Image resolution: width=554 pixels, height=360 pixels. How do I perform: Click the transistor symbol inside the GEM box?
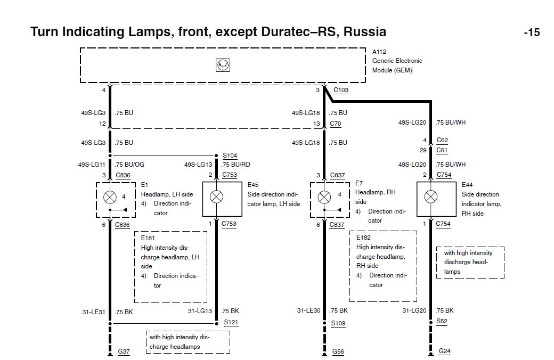pos(223,65)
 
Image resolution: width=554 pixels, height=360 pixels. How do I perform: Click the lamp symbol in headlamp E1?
pos(110,197)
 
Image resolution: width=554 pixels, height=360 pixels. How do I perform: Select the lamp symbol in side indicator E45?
pos(216,197)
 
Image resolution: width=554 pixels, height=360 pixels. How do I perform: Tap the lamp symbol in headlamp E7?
pos(324,197)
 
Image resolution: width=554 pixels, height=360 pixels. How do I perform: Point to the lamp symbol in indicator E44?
pos(430,197)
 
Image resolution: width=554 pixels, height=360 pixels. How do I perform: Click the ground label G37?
pos(124,351)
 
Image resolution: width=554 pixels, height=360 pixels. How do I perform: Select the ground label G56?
pos(338,351)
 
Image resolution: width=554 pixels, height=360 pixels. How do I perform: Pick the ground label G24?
pos(444,351)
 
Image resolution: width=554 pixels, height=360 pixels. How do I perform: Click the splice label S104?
pos(230,156)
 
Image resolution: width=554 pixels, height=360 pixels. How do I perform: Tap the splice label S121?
pos(231,322)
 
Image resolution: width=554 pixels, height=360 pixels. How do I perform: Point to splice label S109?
pos(338,323)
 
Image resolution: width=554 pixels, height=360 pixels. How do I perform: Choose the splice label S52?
pos(442,321)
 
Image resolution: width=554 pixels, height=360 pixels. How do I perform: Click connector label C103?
pos(341,90)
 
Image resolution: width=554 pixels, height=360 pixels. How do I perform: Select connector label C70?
pos(336,124)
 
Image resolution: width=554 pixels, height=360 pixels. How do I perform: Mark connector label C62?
pos(442,141)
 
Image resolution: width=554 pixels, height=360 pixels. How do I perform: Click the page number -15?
pos(531,32)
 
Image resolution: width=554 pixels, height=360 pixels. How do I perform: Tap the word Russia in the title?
pos(365,31)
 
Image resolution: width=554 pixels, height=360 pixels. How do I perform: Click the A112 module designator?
pos(379,52)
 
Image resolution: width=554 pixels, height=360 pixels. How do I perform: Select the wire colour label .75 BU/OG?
pos(129,165)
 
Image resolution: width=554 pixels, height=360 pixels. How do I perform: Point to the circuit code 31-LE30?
pos(308,310)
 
